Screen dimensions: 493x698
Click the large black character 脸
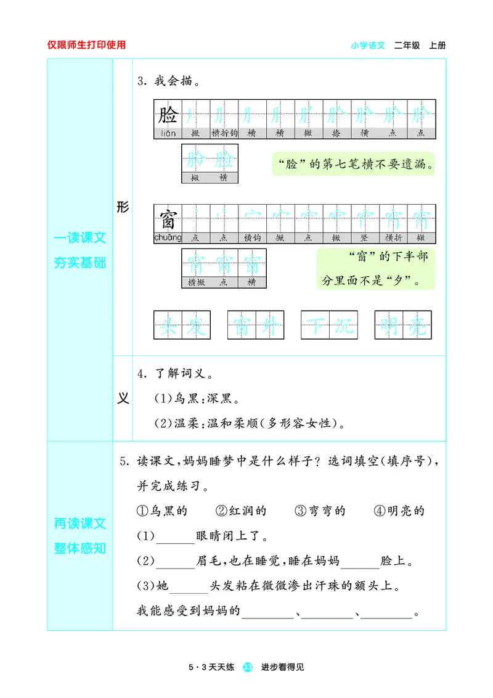pos(168,114)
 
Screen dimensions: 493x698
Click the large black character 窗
pos(168,218)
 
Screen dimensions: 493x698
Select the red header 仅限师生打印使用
pos(86,45)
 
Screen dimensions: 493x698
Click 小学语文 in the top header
pos(368,45)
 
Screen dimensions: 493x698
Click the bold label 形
pos(123,208)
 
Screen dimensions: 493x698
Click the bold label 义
pos(123,398)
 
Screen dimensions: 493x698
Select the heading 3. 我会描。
pos(168,81)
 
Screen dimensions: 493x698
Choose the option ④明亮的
pos(399,511)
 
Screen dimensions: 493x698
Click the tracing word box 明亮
pos(403,324)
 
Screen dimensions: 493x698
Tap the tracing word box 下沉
pos(329,324)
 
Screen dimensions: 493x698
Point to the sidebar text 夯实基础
pos(80,263)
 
